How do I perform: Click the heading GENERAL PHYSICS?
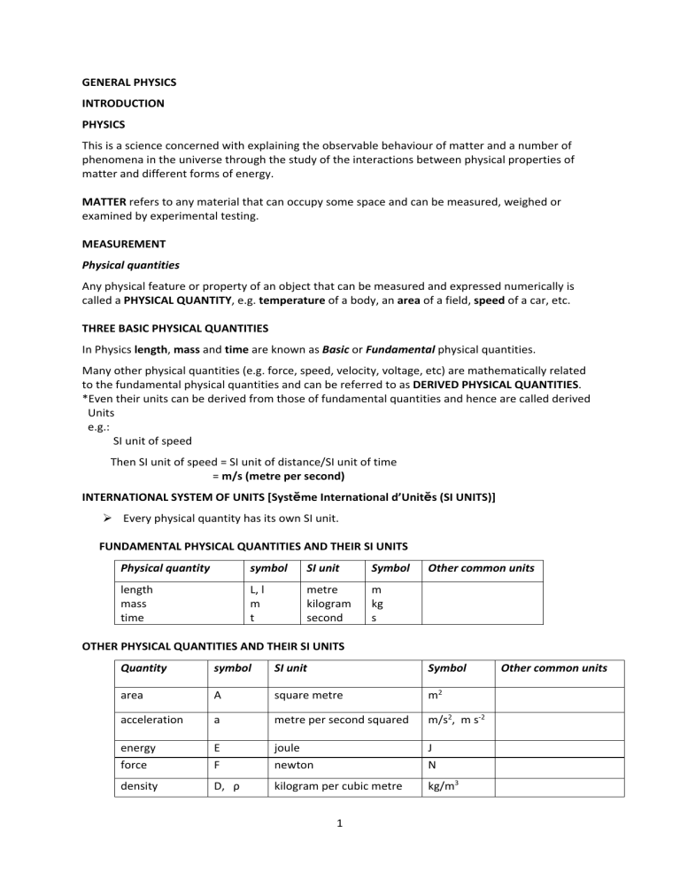[x=136, y=82]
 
